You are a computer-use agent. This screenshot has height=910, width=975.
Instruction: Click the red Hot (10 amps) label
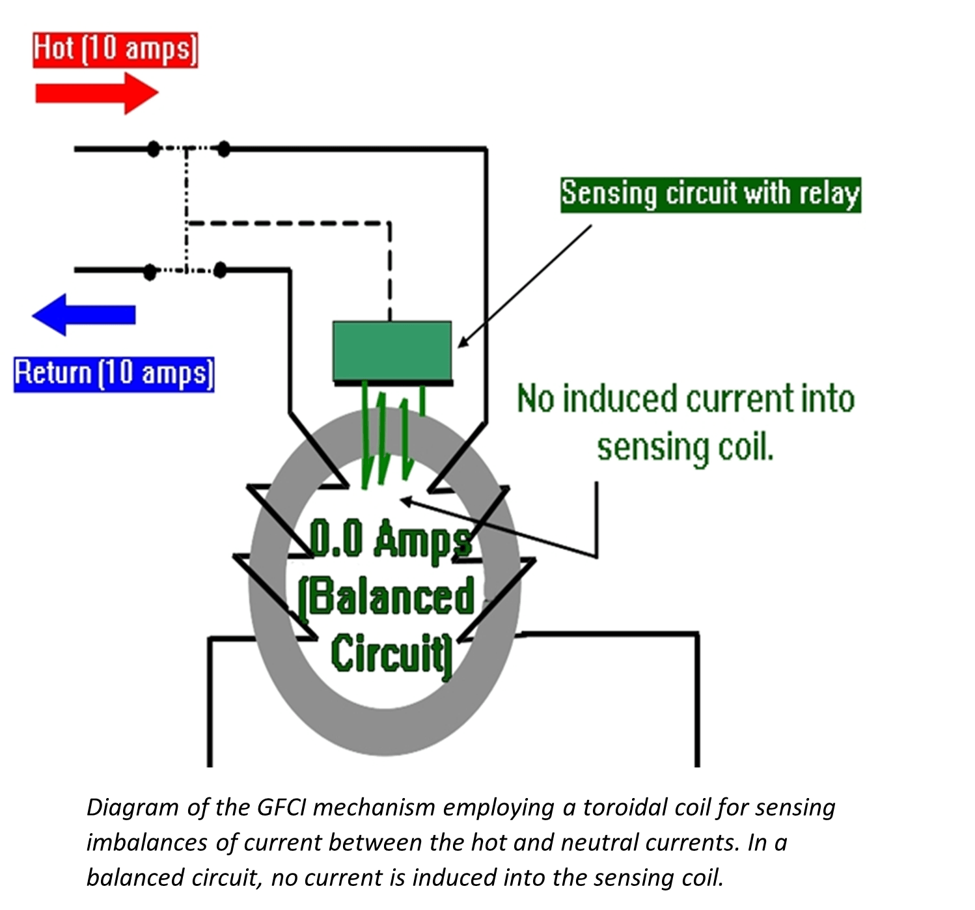[x=115, y=50]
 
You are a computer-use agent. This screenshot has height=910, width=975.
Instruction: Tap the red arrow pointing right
[x=96, y=93]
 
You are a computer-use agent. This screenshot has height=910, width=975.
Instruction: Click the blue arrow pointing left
[x=84, y=314]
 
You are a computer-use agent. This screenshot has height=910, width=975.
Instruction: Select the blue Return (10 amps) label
[x=114, y=374]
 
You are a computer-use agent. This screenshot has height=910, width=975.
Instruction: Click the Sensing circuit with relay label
[x=710, y=195]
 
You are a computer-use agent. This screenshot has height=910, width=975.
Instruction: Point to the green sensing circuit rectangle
[x=392, y=351]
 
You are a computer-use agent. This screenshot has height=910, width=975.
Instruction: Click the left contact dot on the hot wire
[x=153, y=149]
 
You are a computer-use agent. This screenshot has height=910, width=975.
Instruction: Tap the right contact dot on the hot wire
[x=223, y=149]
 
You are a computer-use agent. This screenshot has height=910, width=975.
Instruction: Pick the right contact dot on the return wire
[x=221, y=269]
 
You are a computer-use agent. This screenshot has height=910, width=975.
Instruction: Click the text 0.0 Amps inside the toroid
[x=390, y=539]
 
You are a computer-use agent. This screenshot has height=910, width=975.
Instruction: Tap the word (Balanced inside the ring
[x=387, y=596]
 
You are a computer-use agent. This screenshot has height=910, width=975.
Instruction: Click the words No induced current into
[x=685, y=398]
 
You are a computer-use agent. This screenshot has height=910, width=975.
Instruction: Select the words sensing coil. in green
[x=685, y=448]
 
